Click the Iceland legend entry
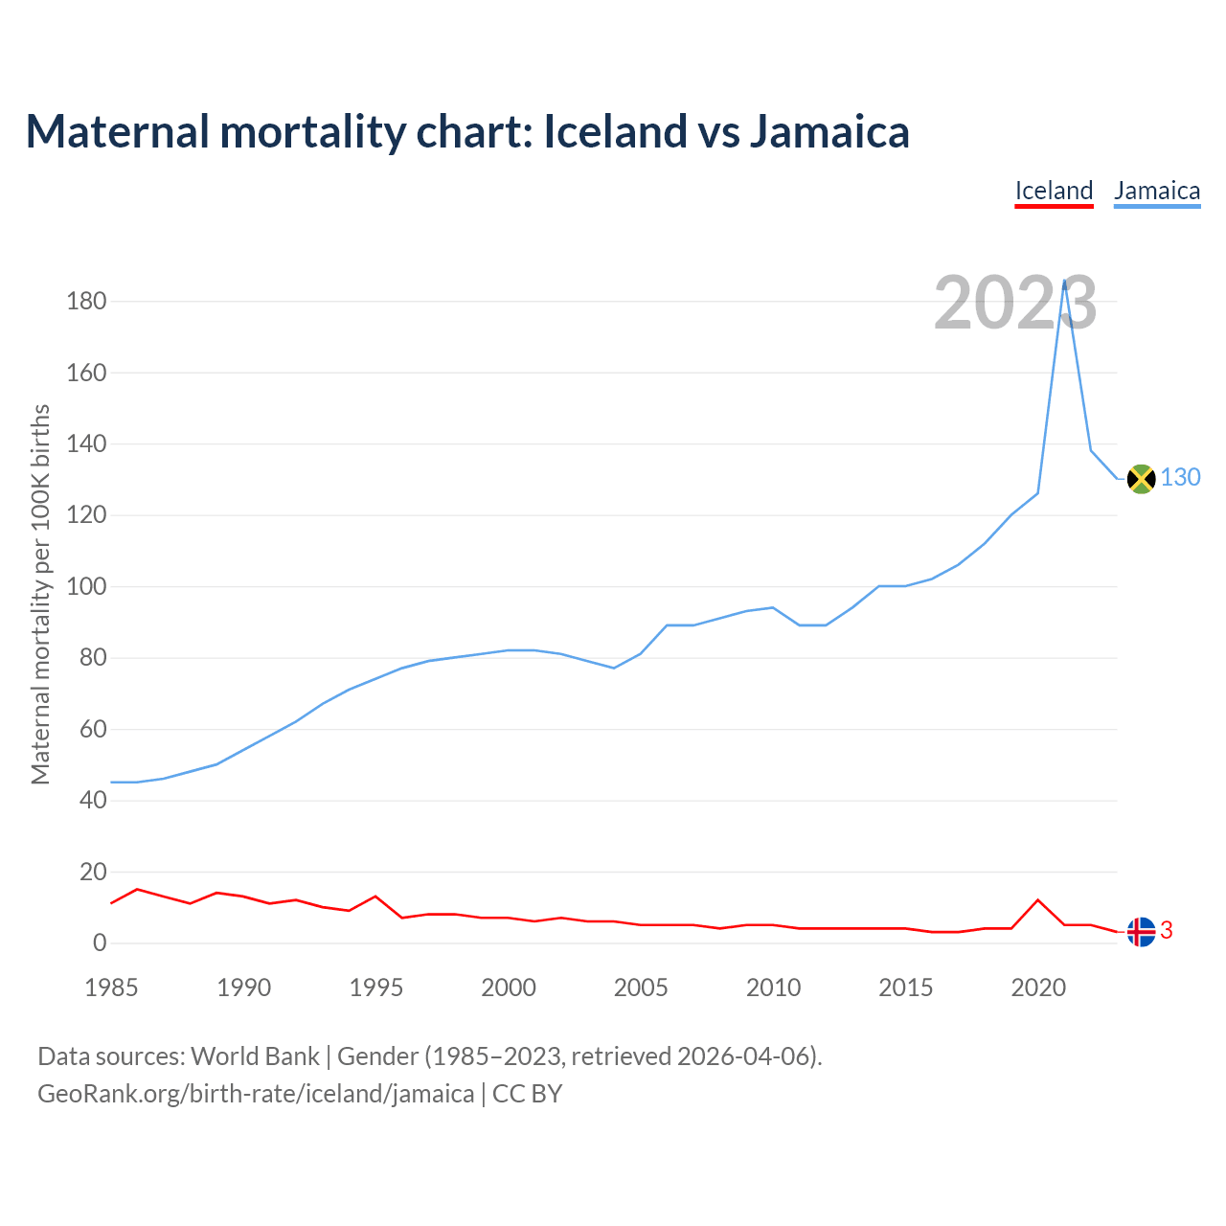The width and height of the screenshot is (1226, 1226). click(x=1054, y=191)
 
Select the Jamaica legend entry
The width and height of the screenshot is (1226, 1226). click(x=1157, y=191)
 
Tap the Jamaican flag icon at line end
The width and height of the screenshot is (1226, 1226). click(x=1141, y=478)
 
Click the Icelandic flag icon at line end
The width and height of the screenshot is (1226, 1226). click(x=1141, y=931)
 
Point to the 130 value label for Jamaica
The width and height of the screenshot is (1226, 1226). click(x=1180, y=477)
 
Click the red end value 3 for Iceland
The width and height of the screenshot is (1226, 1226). click(x=1167, y=930)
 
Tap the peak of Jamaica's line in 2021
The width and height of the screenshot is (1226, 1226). click(x=1064, y=282)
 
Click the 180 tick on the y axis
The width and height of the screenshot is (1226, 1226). click(x=86, y=302)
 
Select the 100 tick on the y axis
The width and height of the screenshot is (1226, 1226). click(x=86, y=586)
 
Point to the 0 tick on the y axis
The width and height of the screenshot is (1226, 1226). click(x=100, y=943)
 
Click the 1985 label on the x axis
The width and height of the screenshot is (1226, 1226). click(x=111, y=988)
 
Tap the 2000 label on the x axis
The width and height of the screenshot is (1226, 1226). click(x=509, y=988)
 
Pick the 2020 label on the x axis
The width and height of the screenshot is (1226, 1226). click(x=1038, y=988)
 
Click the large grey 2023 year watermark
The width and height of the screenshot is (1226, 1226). click(x=1015, y=303)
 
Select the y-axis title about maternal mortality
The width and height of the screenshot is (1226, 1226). click(x=40, y=594)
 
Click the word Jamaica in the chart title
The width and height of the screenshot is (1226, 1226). click(x=829, y=131)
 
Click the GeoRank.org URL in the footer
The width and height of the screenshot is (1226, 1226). click(x=256, y=1094)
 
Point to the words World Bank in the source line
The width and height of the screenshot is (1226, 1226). click(x=255, y=1056)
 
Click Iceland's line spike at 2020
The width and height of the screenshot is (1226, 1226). click(x=1037, y=900)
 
